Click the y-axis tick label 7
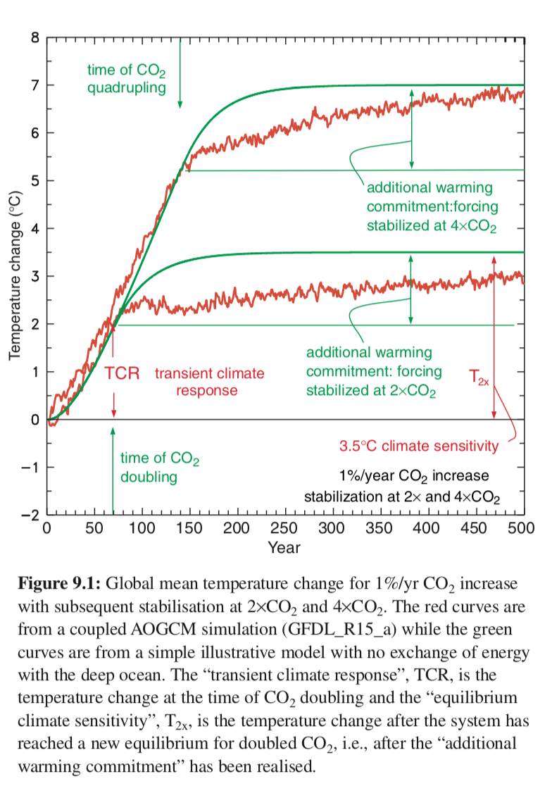pos(32,85)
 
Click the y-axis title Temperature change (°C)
pos(15,276)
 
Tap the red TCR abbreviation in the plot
pos(122,372)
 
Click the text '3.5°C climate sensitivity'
pos(419,446)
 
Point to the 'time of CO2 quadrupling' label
pos(127,79)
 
